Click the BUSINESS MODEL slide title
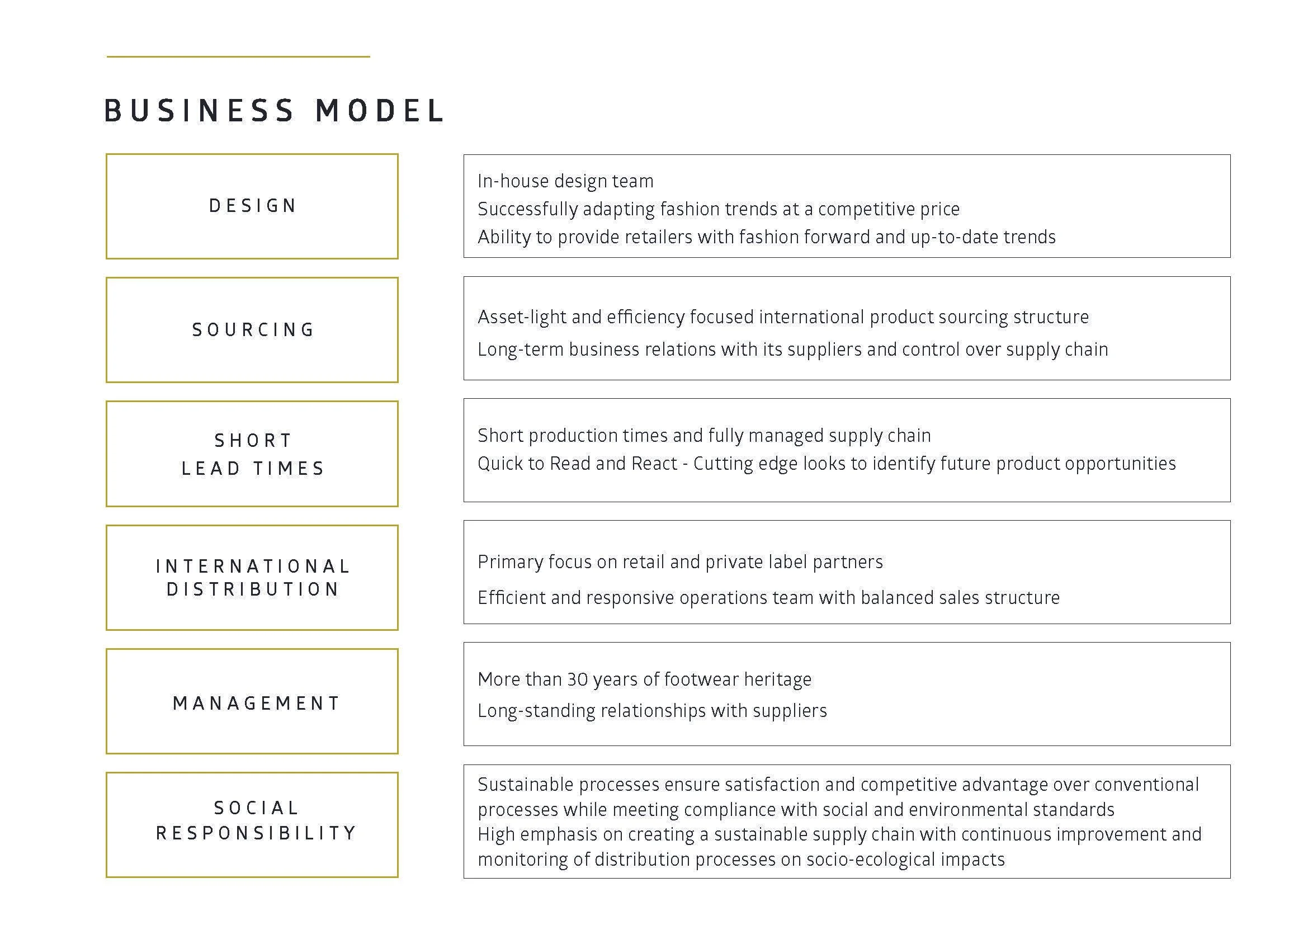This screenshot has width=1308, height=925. point(274,111)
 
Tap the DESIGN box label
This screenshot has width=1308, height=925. point(252,206)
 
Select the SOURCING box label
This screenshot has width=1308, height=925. point(253,330)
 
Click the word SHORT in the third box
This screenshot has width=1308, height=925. point(253,440)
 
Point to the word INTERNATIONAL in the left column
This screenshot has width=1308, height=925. point(253,566)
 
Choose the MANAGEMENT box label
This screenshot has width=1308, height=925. point(256,704)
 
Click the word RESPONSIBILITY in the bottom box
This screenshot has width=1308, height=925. point(256,833)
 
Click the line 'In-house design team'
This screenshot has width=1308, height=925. point(566,181)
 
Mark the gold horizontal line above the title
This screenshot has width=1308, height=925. point(238,56)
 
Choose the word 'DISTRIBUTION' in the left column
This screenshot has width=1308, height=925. point(253,589)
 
